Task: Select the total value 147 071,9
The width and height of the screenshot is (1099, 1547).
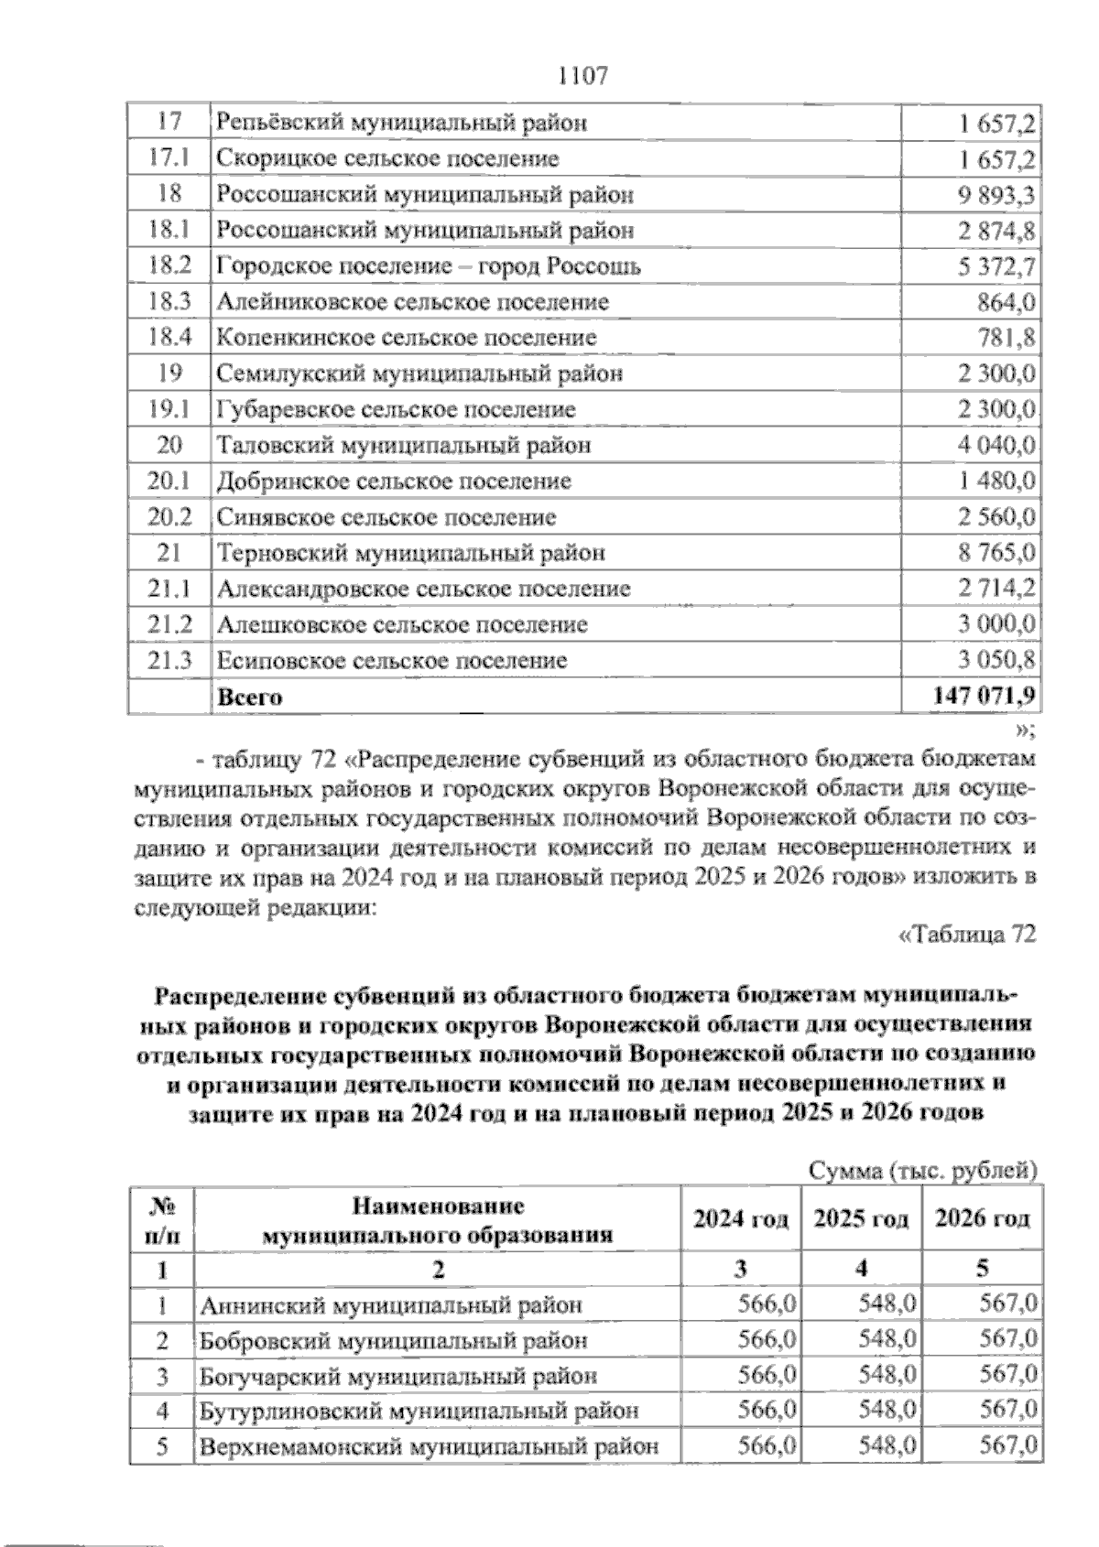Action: (984, 697)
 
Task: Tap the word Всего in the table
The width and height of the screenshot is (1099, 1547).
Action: (250, 698)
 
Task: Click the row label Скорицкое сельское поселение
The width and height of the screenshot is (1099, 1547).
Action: (387, 159)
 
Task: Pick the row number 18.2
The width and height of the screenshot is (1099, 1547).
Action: (169, 266)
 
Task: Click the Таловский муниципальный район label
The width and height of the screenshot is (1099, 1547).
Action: (403, 446)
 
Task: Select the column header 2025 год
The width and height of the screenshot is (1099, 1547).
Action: (861, 1219)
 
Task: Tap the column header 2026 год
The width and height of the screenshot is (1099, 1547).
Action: (982, 1219)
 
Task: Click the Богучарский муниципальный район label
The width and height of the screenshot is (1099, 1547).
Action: (398, 1376)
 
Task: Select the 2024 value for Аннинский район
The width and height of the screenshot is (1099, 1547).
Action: (767, 1304)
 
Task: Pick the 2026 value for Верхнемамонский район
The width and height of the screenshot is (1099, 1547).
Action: (1008, 1447)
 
